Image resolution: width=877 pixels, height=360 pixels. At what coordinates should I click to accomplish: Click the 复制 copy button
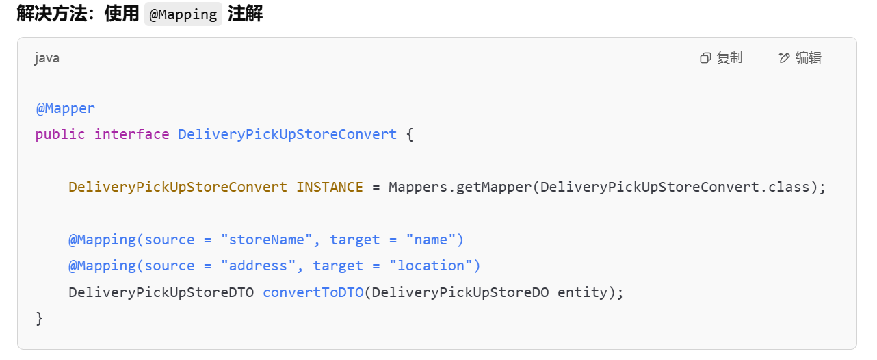[x=721, y=58]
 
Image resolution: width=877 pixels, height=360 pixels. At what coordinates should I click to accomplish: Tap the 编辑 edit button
[x=800, y=58]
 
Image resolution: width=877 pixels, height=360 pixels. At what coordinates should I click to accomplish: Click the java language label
[x=47, y=58]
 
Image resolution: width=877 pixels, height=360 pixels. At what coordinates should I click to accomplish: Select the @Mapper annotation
[x=66, y=108]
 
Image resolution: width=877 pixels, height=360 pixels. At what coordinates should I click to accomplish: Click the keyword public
[x=60, y=134]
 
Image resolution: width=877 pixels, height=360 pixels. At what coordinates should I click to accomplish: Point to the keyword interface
[x=131, y=134]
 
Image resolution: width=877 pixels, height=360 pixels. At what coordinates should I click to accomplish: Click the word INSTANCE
[x=329, y=187]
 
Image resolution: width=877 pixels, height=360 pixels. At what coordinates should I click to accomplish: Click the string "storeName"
[x=267, y=240]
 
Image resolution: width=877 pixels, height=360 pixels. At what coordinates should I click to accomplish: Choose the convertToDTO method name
[x=313, y=292]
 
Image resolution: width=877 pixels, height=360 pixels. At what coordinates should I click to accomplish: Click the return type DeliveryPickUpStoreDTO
[x=161, y=292]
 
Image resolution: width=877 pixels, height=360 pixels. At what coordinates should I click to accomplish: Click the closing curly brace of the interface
[x=39, y=318]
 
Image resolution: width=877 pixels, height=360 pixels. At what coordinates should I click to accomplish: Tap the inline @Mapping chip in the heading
[x=183, y=14]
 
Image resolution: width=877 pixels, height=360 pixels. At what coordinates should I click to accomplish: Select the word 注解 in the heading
[x=245, y=14]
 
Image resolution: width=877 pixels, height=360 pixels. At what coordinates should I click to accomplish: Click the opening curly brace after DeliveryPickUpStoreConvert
[x=410, y=134]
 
